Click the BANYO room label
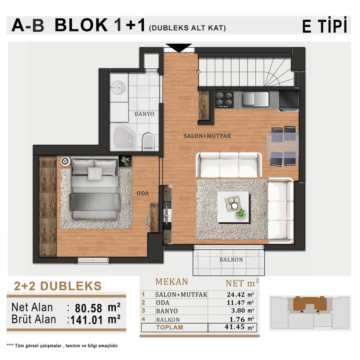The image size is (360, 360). pos(144,114)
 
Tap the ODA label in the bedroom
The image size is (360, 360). pos(143,193)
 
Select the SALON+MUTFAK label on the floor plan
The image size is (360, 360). pos(207,136)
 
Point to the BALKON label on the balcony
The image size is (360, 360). pos(231,259)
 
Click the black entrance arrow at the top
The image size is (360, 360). pos(179,48)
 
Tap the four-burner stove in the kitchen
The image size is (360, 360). pos(224,100)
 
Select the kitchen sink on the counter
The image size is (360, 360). pos(255,99)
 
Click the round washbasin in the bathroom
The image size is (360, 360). pos(118,87)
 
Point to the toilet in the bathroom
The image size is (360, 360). pos(148,141)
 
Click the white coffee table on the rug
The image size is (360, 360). pos(234,207)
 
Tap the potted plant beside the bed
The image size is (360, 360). pos(125,161)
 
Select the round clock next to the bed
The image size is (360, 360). pos(65,161)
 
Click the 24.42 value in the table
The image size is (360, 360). pos(236,294)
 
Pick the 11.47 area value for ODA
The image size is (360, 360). pos(236,303)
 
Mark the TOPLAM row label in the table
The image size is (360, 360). pos(169,327)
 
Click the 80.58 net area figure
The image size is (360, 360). pos(88,308)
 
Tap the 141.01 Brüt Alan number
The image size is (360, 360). pos(87,320)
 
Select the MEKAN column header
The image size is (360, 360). pos(172,282)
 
